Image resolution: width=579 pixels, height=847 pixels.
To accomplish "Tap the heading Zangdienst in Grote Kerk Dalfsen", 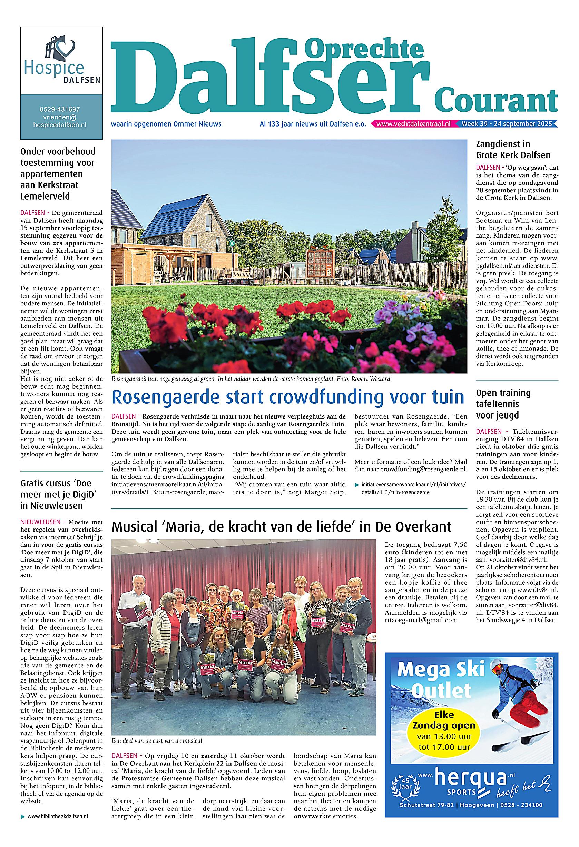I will tap(513, 149).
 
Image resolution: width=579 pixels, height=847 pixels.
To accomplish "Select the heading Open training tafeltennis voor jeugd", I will tap(503, 404).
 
